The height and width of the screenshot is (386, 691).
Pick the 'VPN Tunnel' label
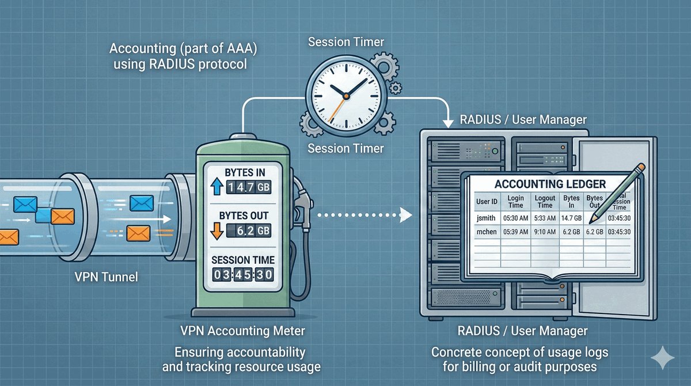click(107, 277)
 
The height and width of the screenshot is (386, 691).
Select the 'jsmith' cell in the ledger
click(485, 218)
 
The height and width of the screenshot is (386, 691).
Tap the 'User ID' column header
click(485, 202)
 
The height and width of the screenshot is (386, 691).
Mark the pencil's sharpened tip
click(595, 216)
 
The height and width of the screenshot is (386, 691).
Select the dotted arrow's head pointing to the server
click(407, 215)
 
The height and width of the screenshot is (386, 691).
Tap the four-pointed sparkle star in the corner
click(662, 358)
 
